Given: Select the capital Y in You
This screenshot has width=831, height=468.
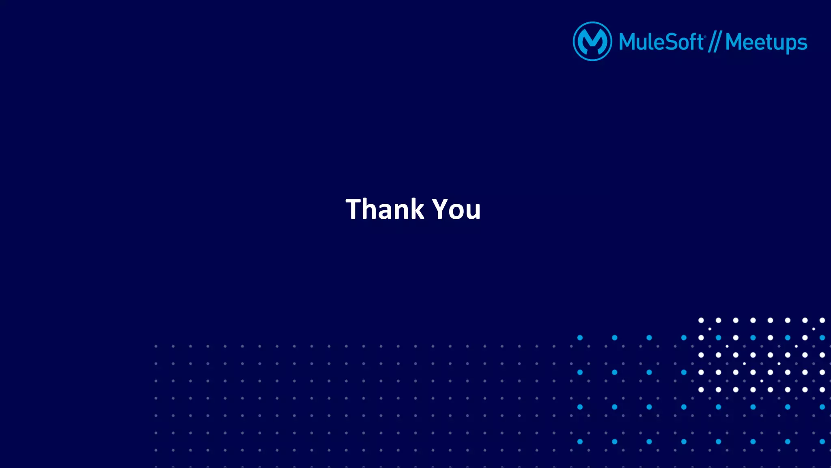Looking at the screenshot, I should (x=440, y=209).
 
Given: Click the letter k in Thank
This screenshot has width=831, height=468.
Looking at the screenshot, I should (x=416, y=209).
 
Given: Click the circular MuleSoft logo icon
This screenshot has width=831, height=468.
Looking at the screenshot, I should (x=592, y=41).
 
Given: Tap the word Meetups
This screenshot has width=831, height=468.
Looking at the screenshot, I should (x=766, y=43).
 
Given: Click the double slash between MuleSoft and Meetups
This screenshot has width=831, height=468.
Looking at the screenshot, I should (x=714, y=42).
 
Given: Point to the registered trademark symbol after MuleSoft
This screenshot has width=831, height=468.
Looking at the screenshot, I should (x=705, y=37).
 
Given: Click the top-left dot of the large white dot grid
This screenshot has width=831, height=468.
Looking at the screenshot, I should (x=701, y=320).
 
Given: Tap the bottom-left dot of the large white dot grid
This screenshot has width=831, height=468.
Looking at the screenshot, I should (x=701, y=390).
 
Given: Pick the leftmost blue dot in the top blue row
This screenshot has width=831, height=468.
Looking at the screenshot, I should (x=580, y=338).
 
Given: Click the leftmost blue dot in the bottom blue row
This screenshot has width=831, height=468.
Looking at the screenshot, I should (x=580, y=442).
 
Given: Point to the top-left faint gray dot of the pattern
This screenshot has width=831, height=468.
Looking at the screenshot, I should (x=156, y=346).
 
